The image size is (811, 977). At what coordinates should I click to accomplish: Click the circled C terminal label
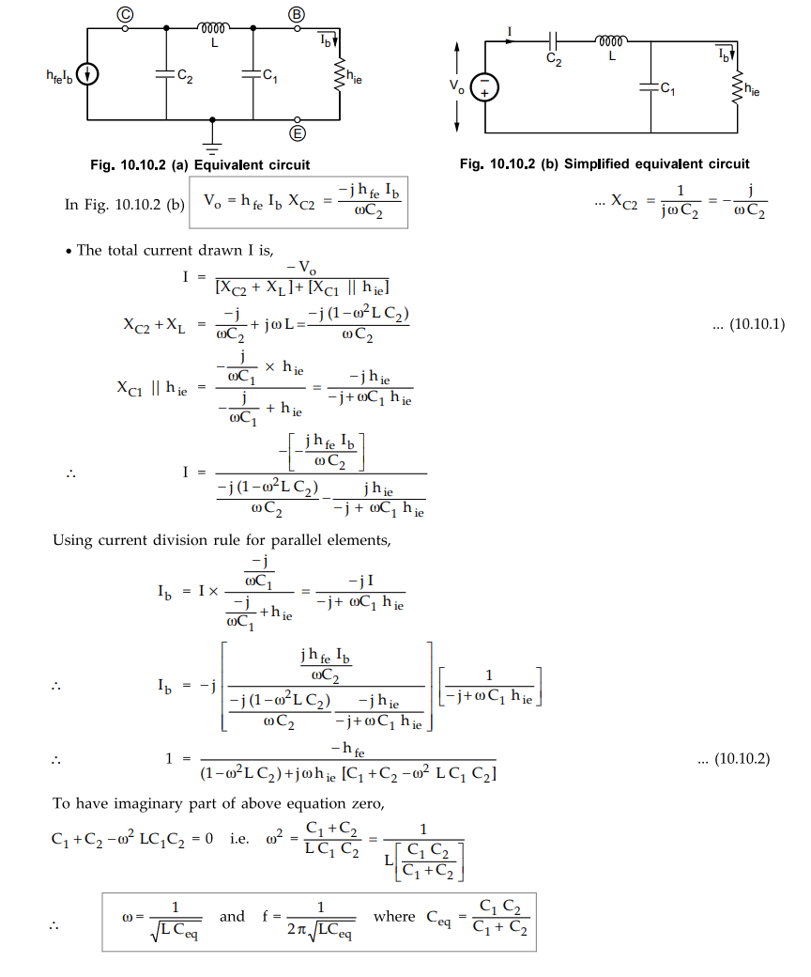point(125,12)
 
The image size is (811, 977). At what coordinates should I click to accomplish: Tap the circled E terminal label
point(297,134)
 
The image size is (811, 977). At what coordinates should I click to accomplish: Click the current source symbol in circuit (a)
point(87,74)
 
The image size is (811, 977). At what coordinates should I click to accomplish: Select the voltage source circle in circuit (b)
point(484,88)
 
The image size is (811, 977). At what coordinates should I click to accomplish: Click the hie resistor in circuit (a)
point(337,75)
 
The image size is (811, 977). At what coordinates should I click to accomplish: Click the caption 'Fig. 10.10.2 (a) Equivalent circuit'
point(200,165)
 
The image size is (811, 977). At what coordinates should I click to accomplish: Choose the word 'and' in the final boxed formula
point(231,917)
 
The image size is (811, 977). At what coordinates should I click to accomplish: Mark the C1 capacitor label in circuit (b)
point(666,88)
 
